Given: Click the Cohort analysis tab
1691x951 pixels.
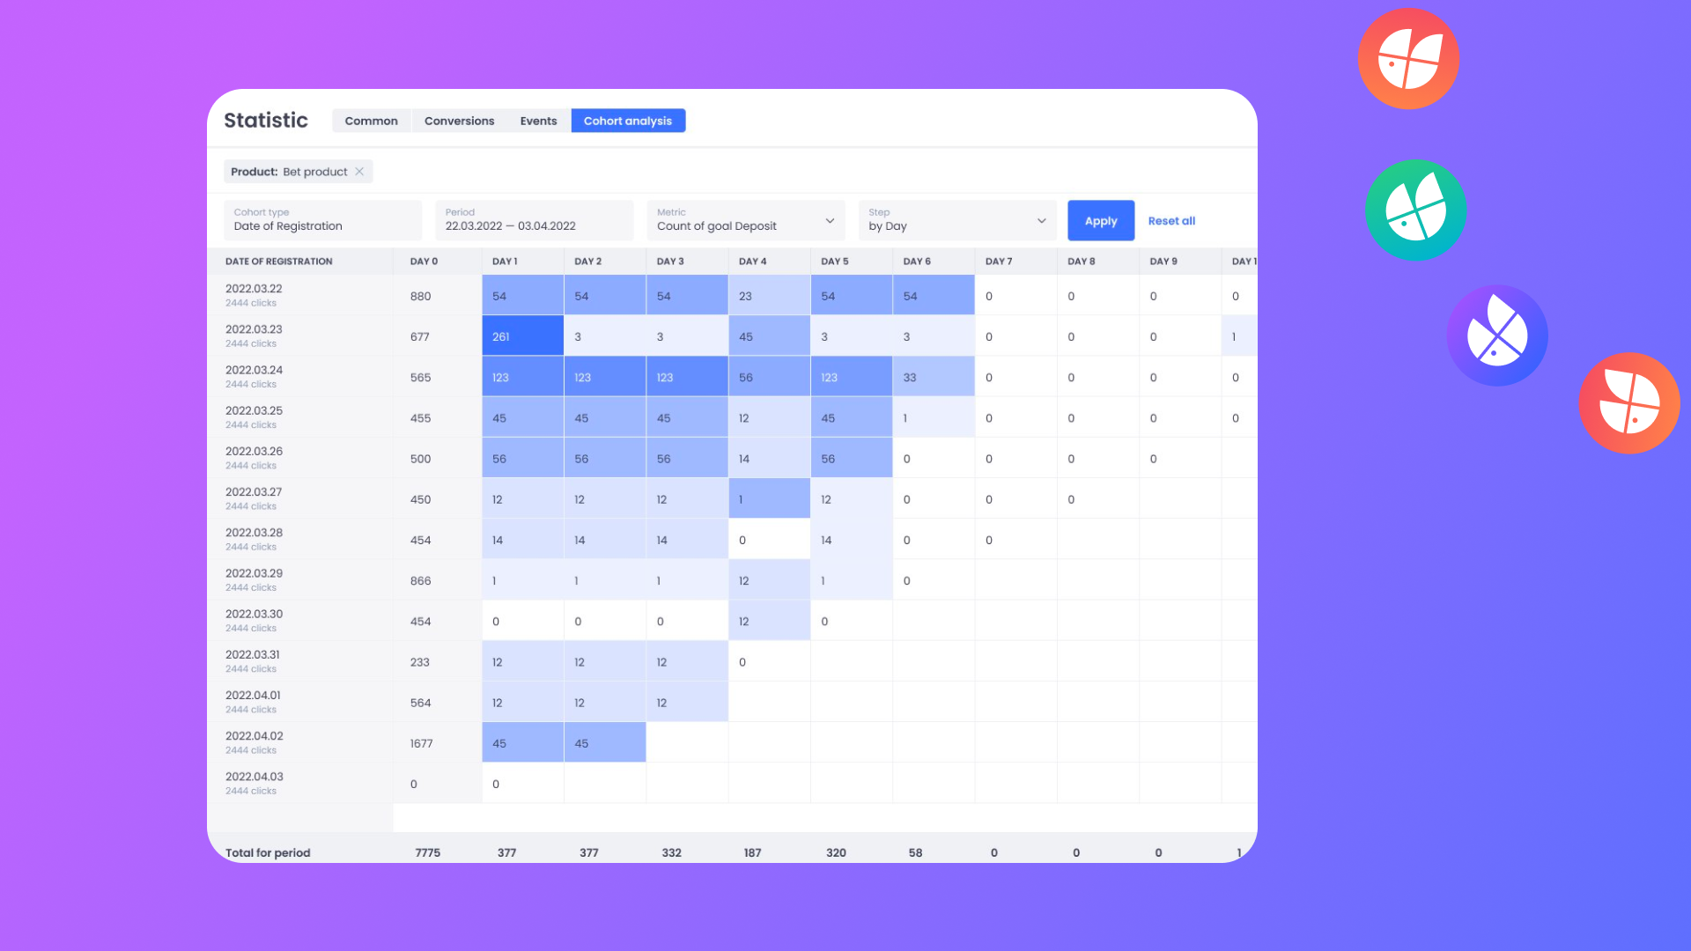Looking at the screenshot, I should pyautogui.click(x=628, y=121).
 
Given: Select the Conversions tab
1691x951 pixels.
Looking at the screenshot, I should pyautogui.click(x=459, y=121).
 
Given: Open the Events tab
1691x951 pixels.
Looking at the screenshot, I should pyautogui.click(x=538, y=121).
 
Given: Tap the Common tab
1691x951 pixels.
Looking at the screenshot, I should pyautogui.click(x=371, y=121).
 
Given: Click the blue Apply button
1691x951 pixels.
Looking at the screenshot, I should pyautogui.click(x=1100, y=221).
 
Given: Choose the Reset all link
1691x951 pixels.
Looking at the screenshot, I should pyautogui.click(x=1171, y=221).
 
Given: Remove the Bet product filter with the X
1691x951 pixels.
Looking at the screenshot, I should pyautogui.click(x=359, y=172).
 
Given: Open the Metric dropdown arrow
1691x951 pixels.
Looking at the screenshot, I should pyautogui.click(x=830, y=221).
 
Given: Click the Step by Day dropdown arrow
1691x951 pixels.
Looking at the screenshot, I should pyautogui.click(x=1041, y=221).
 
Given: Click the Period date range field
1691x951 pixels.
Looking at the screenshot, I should pyautogui.click(x=534, y=221).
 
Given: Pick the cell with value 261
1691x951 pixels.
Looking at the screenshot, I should pyautogui.click(x=522, y=336).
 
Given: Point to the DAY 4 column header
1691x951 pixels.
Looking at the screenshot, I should pyautogui.click(x=752, y=262).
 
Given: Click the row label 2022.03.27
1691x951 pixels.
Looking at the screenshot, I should pyautogui.click(x=254, y=492).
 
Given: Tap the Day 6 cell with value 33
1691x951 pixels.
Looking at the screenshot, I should pyautogui.click(x=933, y=377).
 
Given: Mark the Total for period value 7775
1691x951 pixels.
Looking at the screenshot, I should pyautogui.click(x=427, y=852).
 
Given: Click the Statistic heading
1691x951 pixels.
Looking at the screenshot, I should pyautogui.click(x=266, y=121).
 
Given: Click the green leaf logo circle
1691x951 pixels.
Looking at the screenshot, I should pyautogui.click(x=1415, y=210).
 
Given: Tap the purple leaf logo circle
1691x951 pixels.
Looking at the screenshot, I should pyautogui.click(x=1497, y=335).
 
